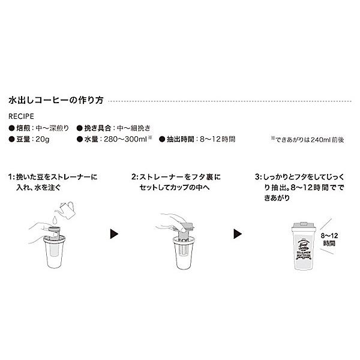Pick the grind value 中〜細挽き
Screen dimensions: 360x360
pos(136,127)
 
